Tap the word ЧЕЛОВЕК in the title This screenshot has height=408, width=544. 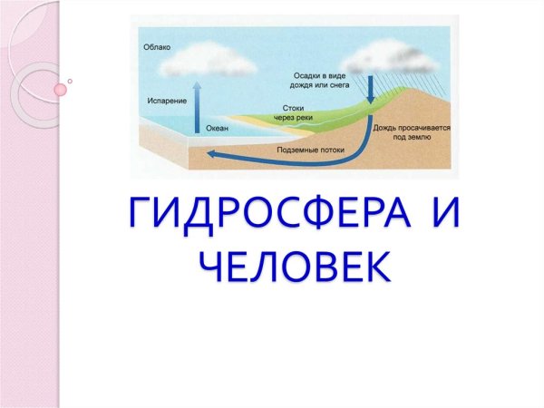pos(296,266)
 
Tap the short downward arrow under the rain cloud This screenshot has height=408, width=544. pos(372,88)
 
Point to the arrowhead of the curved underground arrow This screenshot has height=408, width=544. pos(212,154)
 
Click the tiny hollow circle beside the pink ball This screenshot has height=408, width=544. pos(71,81)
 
